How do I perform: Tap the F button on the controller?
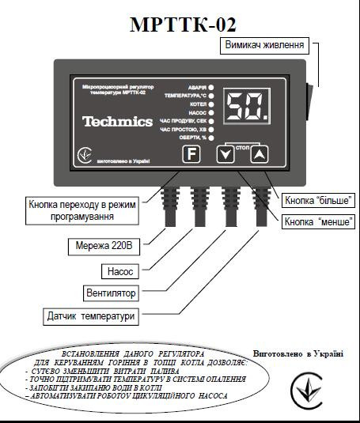(x=191, y=153)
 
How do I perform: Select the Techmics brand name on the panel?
(x=117, y=122)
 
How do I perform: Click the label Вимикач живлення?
(x=264, y=45)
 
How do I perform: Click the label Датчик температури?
(x=90, y=316)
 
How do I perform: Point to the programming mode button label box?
(x=82, y=210)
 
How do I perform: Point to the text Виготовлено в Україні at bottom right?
(x=297, y=353)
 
